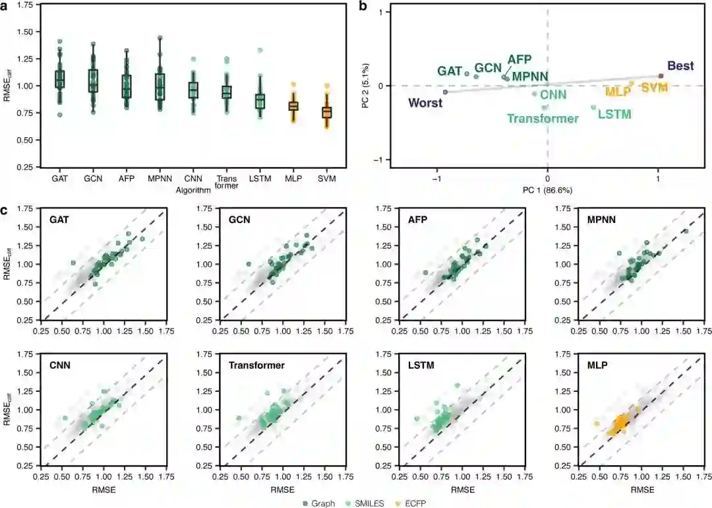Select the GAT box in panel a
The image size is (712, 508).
click(59, 79)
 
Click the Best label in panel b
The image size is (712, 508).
click(680, 66)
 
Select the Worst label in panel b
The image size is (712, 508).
click(425, 102)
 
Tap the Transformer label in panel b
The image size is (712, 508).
click(543, 119)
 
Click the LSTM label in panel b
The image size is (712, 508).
click(614, 114)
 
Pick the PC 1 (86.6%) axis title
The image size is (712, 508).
click(547, 190)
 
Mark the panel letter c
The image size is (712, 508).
click(5, 211)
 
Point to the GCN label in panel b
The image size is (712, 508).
click(489, 69)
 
